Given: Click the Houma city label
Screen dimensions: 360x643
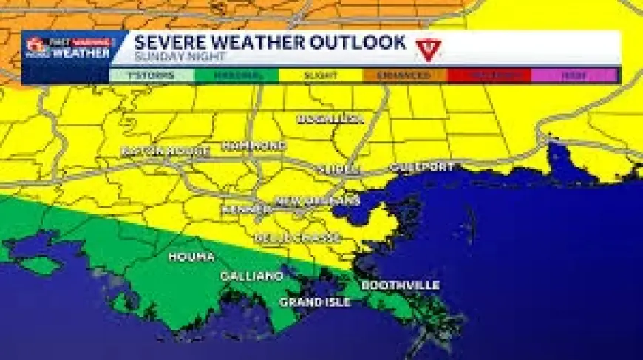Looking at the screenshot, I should point(191,257).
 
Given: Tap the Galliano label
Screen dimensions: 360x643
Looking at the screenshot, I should point(251,276).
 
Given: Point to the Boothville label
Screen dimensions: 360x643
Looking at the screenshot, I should point(401,285).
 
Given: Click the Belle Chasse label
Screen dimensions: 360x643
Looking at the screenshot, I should point(297,237).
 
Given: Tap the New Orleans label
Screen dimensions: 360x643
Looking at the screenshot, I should point(318,200).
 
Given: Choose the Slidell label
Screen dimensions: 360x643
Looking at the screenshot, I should point(339,169).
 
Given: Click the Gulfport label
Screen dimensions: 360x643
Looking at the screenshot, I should point(421,167).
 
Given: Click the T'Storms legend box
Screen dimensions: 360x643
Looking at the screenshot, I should point(152,75).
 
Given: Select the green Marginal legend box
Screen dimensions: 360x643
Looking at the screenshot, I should point(237,75).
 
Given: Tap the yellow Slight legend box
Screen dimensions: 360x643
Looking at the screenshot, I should point(321,75).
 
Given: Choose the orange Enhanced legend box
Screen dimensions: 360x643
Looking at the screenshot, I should point(404,75).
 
